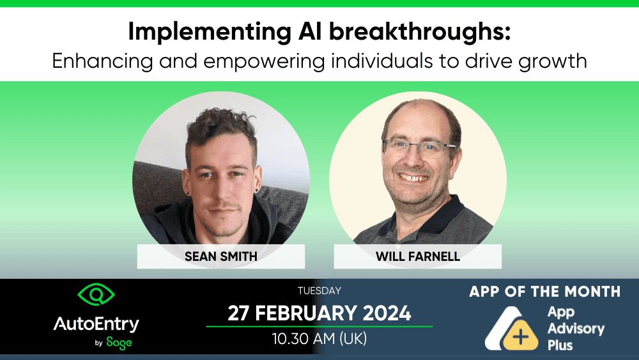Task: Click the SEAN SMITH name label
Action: tap(220, 256)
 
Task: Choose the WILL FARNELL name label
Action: tap(417, 256)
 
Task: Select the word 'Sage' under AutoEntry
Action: tap(118, 343)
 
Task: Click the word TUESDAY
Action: tap(319, 291)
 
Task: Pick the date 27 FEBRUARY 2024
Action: tap(319, 313)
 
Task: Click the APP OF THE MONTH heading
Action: tap(544, 292)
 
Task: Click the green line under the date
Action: tap(319, 326)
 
